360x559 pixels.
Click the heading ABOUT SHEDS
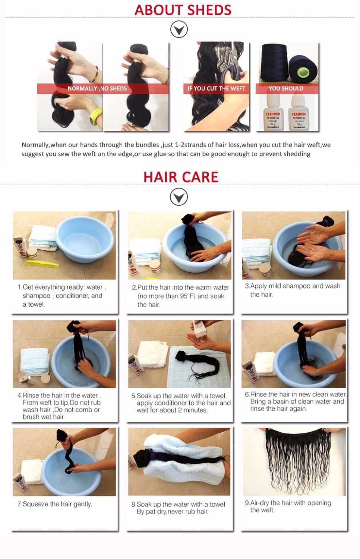coord(183,10)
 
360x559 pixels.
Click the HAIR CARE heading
coord(181,177)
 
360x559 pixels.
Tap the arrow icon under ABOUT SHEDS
coord(179,29)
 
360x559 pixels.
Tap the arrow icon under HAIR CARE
coord(179,197)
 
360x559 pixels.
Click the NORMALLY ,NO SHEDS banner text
coord(97,89)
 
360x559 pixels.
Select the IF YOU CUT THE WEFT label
coord(216,89)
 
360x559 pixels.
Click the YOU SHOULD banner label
coord(286,89)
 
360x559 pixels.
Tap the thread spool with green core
coord(303,69)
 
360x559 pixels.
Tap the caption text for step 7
coord(55,504)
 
